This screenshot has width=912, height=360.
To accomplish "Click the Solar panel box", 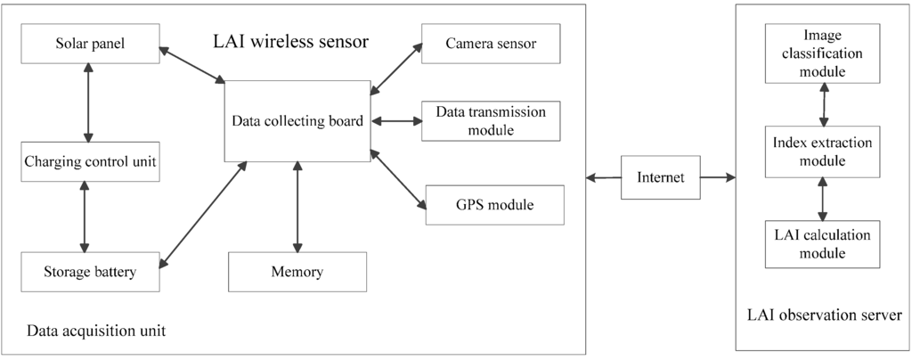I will tap(90, 44).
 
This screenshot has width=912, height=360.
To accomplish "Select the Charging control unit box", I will tap(90, 162).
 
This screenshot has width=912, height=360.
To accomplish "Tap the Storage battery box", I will tap(90, 272).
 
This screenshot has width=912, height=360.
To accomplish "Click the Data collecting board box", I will tap(297, 121).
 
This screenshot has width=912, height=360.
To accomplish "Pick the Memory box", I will tap(297, 272).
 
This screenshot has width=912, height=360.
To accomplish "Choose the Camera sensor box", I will tap(491, 44).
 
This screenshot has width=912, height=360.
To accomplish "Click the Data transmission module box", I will tap(491, 121).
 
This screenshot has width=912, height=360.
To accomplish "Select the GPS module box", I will tap(494, 205).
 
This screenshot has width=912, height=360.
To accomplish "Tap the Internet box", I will tap(660, 177).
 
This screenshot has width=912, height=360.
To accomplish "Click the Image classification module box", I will tap(822, 53).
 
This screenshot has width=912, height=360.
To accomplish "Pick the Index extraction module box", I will tap(822, 151).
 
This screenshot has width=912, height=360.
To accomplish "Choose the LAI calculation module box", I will tap(822, 244).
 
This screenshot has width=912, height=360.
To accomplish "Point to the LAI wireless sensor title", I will tap(290, 42).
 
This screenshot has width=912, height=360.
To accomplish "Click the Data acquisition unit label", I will tap(96, 331).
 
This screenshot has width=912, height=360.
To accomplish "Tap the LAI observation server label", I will tap(825, 315).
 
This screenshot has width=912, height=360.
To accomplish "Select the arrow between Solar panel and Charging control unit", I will tap(87, 103).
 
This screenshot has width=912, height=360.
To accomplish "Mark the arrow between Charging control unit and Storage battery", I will tap(85, 217).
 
